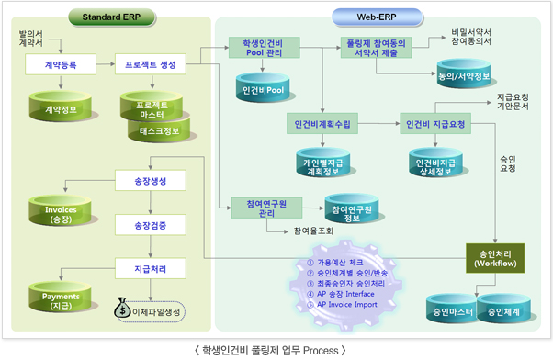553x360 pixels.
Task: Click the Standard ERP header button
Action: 111,17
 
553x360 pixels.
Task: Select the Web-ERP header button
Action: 377,17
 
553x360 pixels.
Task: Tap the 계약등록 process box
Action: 61,64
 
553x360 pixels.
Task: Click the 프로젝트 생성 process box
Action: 151,64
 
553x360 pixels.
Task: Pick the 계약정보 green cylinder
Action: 61,107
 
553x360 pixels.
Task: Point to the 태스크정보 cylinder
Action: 159,130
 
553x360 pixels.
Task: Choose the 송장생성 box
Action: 151,181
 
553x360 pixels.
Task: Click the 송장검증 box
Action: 151,225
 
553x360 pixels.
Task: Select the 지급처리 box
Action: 151,269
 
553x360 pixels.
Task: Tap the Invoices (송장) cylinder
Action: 61,211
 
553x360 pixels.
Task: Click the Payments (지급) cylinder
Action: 61,297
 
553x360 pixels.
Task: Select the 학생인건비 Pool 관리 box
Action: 265,48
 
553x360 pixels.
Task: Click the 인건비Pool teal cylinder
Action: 263,87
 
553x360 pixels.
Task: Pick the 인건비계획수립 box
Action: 322,124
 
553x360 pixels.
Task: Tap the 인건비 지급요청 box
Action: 435,124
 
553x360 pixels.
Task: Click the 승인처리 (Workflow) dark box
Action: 495,258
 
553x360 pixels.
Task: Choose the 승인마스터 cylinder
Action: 453,309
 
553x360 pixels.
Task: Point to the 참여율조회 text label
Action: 313,231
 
